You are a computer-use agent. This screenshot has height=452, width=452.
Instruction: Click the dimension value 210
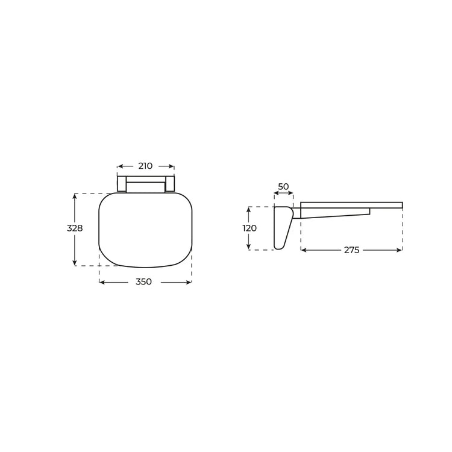pyautogui.click(x=145, y=166)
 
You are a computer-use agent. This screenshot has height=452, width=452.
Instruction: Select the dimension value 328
pyautogui.click(x=75, y=228)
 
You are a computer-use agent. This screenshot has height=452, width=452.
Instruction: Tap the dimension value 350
pyautogui.click(x=143, y=281)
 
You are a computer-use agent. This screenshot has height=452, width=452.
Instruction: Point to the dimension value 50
pyautogui.click(x=283, y=186)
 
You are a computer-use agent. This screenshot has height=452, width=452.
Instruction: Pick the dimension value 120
pyautogui.click(x=250, y=228)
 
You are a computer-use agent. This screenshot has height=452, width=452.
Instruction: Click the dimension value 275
pyautogui.click(x=352, y=250)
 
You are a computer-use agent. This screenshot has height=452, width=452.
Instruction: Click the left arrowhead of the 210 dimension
pyautogui.click(x=121, y=166)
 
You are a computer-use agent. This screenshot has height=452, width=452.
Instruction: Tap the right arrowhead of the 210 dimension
pyautogui.click(x=171, y=166)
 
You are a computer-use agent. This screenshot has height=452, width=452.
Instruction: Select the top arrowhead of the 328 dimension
pyautogui.click(x=75, y=196)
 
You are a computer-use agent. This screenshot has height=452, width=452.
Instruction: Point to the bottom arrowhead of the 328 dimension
pyautogui.click(x=75, y=262)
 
